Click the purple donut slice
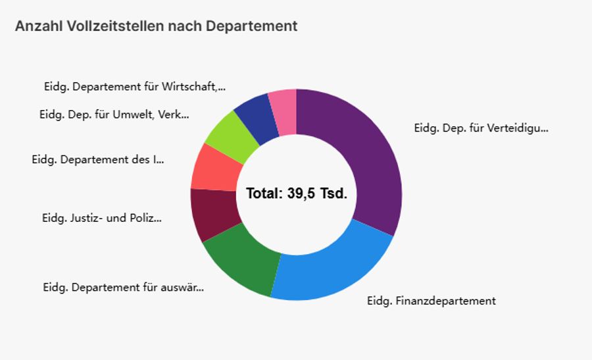[x=368, y=158]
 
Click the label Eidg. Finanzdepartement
[x=431, y=301]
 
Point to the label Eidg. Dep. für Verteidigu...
[x=481, y=128]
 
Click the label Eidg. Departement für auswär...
[x=123, y=288]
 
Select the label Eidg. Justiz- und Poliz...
[x=101, y=219]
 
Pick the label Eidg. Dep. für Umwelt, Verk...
[x=114, y=115]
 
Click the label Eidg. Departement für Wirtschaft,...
[x=134, y=86]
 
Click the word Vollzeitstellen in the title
[x=116, y=26]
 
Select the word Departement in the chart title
[x=251, y=26]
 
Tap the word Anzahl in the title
[x=39, y=26]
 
